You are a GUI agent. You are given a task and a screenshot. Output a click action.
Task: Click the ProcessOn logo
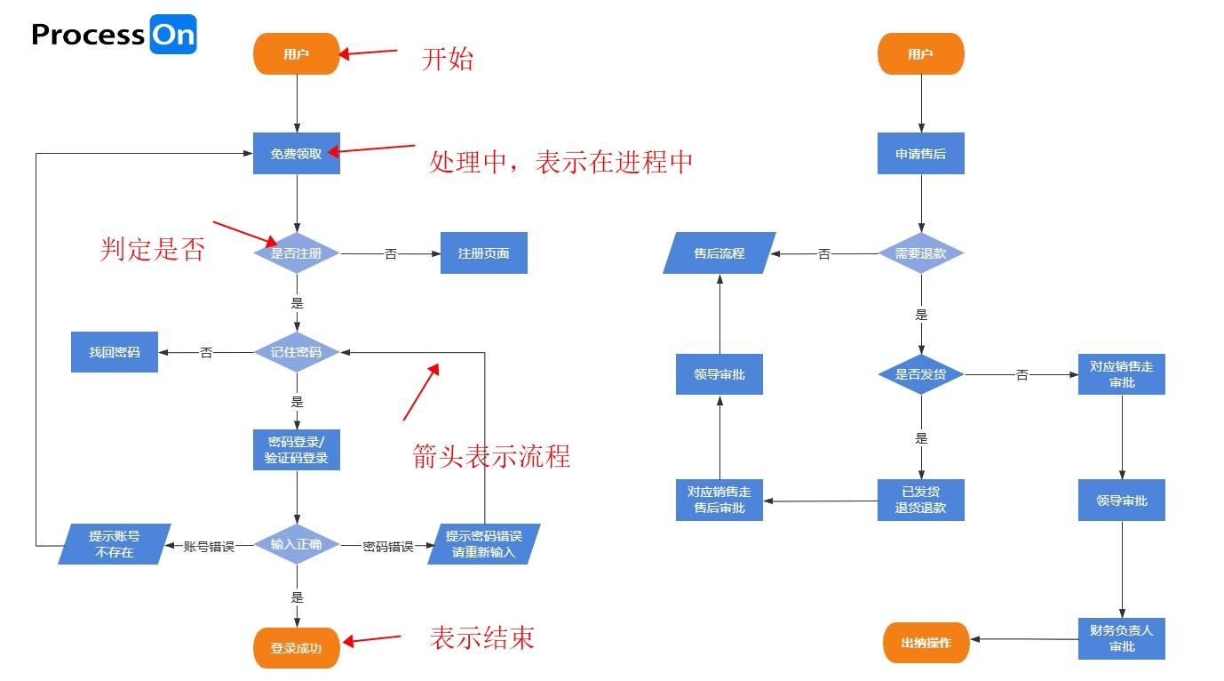click(x=114, y=35)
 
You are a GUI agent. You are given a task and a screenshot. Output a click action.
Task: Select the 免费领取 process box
click(x=297, y=154)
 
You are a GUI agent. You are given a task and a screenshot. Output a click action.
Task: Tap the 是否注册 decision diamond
click(x=297, y=253)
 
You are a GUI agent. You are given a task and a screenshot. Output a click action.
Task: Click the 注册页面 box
click(x=484, y=253)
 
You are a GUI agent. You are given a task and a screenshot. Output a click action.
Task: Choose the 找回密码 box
click(x=115, y=352)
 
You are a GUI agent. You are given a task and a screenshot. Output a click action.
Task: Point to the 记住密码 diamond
click(x=297, y=352)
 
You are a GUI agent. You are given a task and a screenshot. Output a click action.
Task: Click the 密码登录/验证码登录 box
click(x=297, y=450)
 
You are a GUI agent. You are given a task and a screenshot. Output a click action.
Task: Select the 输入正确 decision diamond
click(x=297, y=544)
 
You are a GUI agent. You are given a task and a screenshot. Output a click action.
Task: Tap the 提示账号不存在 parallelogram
click(x=115, y=544)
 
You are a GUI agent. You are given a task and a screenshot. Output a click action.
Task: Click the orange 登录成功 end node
click(x=297, y=648)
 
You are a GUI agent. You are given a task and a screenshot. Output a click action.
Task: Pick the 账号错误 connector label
click(x=209, y=547)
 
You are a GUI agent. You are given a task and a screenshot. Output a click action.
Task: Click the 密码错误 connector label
click(x=388, y=547)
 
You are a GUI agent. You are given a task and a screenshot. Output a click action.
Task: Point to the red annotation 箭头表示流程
click(x=491, y=456)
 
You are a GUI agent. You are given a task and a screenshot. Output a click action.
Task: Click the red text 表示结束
click(x=481, y=637)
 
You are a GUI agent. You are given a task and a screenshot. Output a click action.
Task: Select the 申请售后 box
click(x=921, y=154)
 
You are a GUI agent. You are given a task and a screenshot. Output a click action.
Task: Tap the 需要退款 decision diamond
click(x=921, y=253)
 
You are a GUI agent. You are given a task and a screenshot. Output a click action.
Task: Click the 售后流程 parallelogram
click(x=719, y=253)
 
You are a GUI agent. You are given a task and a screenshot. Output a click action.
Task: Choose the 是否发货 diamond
click(x=921, y=374)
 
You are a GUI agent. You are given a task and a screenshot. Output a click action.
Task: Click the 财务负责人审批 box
click(x=1122, y=638)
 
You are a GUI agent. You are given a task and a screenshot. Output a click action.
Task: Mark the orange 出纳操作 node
click(x=926, y=643)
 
